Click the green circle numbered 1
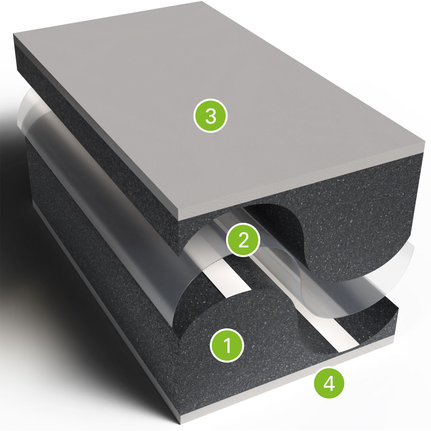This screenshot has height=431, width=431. click(x=227, y=346)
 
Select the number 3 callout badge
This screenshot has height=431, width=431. click(x=211, y=116)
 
